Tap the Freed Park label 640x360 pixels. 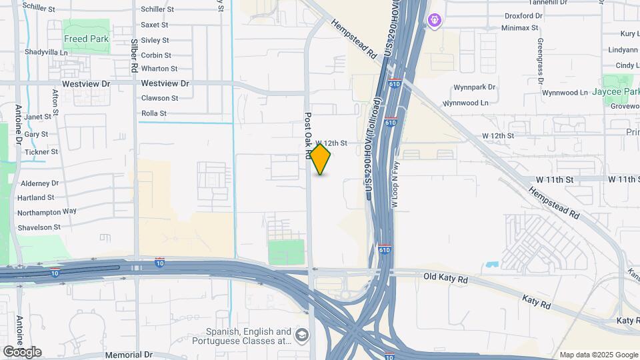coord(86,39)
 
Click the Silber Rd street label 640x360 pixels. coord(134,56)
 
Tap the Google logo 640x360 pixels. coord(22,352)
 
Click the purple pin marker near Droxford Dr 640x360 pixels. coord(435,21)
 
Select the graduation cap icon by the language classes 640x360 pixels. coord(302,335)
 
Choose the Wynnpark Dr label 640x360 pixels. coord(475,87)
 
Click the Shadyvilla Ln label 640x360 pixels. coord(46,52)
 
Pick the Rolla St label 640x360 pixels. coord(154,113)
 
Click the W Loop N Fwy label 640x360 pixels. coord(394,189)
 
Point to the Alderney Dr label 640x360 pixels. coord(40,183)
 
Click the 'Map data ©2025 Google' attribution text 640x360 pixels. coord(599,355)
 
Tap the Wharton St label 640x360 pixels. coord(159,69)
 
